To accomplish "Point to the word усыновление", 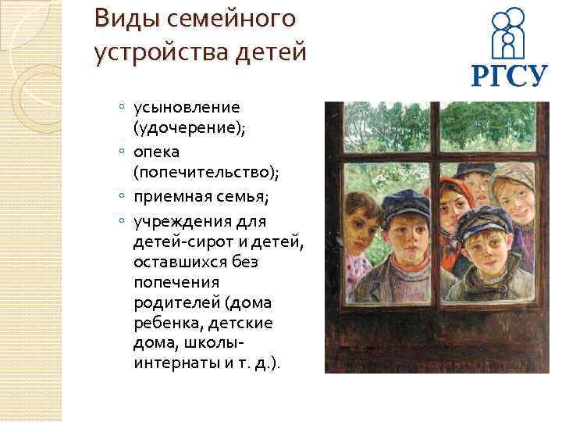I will pos(187,106).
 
